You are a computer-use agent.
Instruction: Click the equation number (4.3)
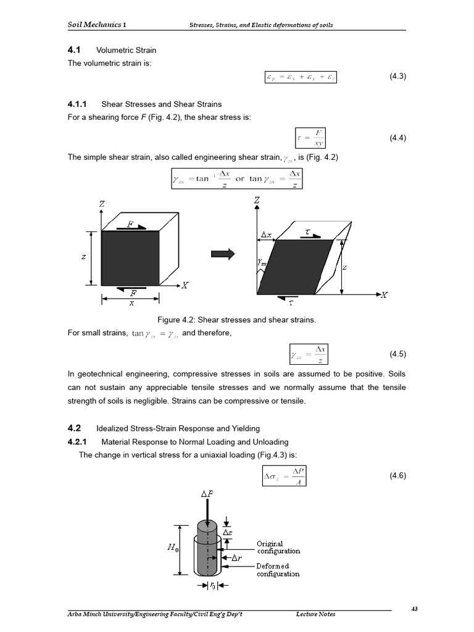397,77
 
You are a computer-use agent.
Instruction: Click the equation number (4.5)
397,354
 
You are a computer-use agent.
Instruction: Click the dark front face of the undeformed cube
130,257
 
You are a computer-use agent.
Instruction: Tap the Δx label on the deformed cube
266,235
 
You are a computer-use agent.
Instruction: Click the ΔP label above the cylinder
207,494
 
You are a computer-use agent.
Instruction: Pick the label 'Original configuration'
278,547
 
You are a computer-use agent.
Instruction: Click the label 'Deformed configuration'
278,570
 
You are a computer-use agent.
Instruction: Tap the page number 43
414,609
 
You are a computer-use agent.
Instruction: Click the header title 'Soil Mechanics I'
98,25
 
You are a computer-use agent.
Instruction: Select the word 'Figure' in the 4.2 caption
170,320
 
